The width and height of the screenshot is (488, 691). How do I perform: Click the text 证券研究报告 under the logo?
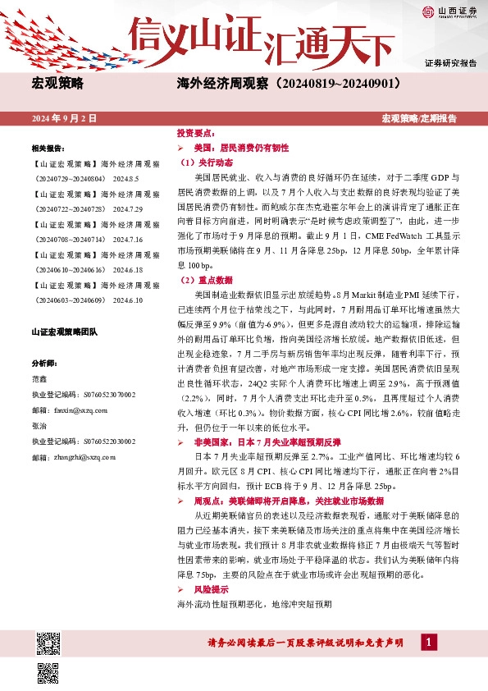tap(450, 63)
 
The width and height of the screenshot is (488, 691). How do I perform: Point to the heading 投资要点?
tap(195, 132)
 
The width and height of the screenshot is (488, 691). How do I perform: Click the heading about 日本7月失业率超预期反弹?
tap(256, 441)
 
